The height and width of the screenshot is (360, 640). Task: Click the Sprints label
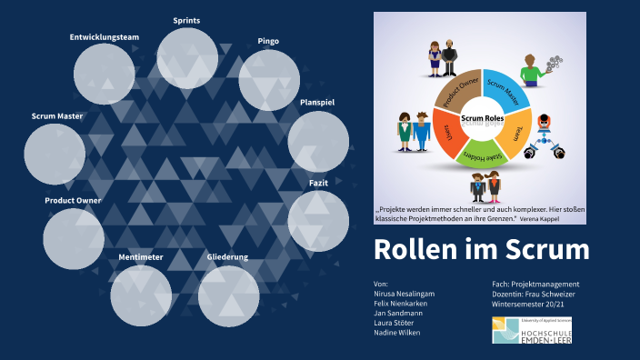186,19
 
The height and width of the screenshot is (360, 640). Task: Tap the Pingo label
268,41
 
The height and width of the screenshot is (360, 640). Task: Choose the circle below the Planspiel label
318,142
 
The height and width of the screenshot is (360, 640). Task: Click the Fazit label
318,183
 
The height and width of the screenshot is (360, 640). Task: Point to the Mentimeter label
141,257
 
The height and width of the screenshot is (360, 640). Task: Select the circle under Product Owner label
74,238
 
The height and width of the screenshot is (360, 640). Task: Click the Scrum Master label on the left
56,116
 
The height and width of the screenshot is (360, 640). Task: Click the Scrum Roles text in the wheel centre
483,118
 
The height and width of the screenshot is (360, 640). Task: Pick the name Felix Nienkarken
405,303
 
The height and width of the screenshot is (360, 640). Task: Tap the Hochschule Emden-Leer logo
532,331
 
